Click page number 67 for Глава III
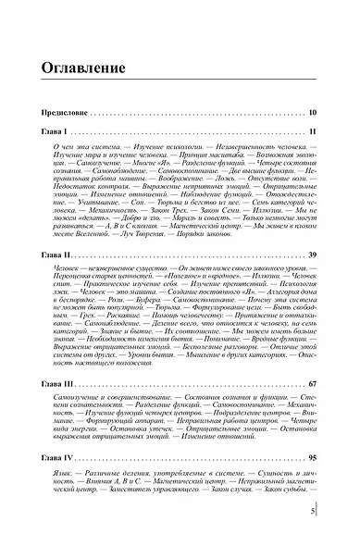[312, 382]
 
